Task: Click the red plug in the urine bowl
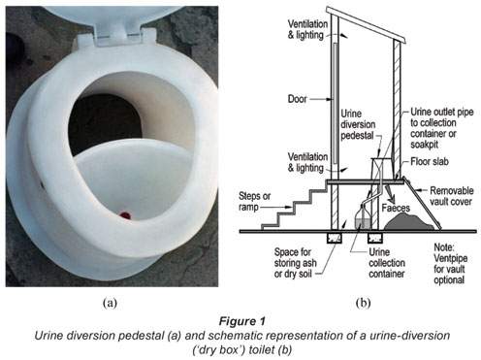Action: click(x=125, y=215)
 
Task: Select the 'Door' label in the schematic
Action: click(x=298, y=99)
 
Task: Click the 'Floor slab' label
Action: click(x=430, y=161)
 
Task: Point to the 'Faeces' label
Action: click(x=396, y=208)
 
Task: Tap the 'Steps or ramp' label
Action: click(x=254, y=202)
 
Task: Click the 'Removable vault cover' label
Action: click(x=451, y=196)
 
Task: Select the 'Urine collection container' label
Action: click(x=387, y=263)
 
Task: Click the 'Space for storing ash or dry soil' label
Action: click(x=295, y=263)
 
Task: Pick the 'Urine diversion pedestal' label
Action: click(x=358, y=124)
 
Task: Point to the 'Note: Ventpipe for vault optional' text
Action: click(x=450, y=264)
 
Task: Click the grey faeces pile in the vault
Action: click(x=409, y=222)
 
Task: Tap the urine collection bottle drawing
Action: click(x=363, y=217)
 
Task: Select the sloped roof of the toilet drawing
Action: click(x=366, y=24)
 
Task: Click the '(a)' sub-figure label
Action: click(x=110, y=303)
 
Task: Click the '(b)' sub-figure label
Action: click(x=364, y=303)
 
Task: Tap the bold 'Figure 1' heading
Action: click(x=242, y=321)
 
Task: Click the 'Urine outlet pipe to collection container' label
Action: click(x=441, y=128)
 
